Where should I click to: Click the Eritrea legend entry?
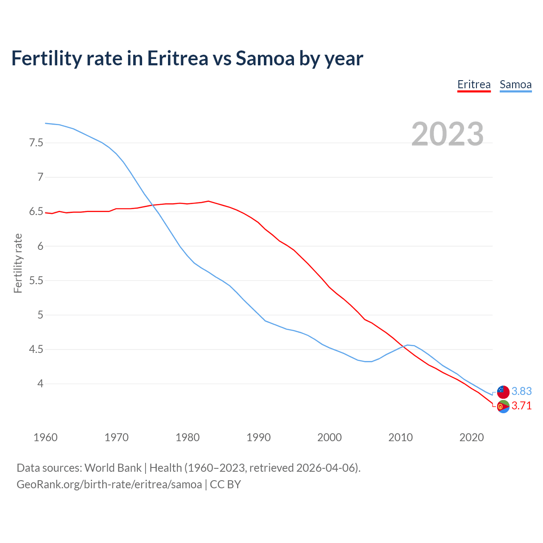click(474, 84)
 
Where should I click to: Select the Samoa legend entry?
click(515, 84)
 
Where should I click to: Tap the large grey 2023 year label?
click(448, 134)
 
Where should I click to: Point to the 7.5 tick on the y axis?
click(36, 143)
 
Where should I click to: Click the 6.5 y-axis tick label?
click(36, 212)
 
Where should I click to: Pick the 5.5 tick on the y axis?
click(36, 280)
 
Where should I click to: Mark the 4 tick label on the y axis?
click(40, 384)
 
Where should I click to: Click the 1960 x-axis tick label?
click(45, 437)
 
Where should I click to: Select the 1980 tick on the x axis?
click(188, 437)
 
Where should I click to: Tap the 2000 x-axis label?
click(329, 437)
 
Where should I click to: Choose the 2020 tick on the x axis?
click(471, 437)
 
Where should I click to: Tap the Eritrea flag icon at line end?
click(503, 406)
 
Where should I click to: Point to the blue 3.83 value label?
click(521, 391)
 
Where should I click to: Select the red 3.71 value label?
click(521, 406)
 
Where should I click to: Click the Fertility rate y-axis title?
click(18, 263)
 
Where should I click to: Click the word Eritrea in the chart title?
click(177, 58)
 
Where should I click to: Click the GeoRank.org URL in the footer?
click(109, 484)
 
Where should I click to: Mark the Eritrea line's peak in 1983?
click(208, 201)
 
